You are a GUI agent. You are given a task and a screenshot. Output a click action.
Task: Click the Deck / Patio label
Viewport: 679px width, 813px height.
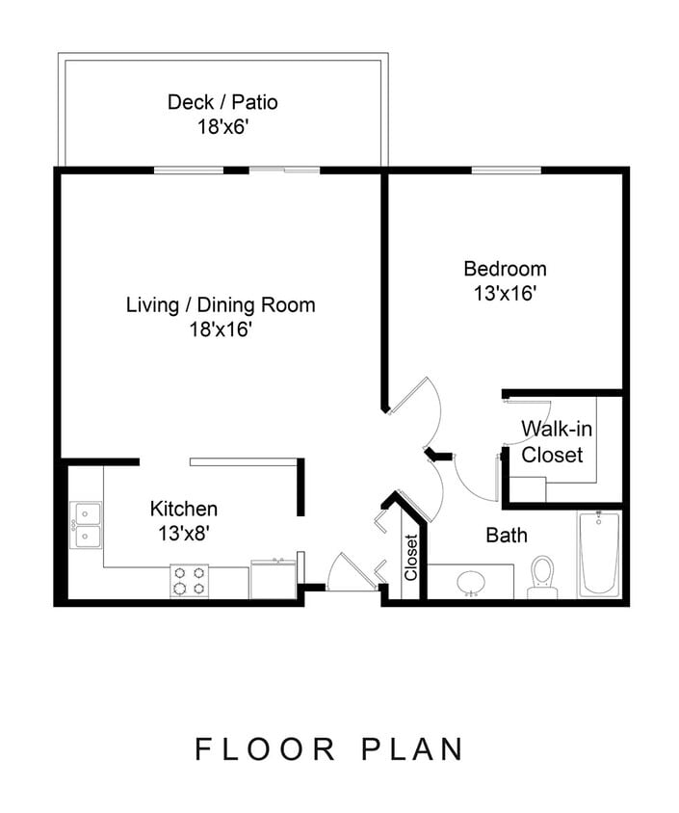222,102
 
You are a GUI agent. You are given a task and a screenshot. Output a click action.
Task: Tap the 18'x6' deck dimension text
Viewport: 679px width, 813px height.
222,126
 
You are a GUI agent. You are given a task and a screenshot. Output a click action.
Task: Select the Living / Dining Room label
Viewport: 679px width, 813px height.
221,305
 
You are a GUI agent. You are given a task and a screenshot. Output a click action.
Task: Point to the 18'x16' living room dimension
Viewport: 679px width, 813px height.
221,330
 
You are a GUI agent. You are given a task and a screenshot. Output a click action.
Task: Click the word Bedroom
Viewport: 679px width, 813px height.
505,269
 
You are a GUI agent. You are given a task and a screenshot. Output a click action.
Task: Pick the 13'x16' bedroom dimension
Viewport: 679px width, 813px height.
505,294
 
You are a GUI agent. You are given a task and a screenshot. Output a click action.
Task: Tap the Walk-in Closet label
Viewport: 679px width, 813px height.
552,441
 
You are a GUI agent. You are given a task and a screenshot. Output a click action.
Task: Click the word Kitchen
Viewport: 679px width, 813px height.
183,509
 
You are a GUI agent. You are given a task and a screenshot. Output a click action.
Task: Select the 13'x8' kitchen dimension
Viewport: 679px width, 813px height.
183,532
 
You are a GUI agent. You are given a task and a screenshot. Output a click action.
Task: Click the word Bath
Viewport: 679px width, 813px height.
507,535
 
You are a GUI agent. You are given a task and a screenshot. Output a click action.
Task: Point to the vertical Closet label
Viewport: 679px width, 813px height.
411,558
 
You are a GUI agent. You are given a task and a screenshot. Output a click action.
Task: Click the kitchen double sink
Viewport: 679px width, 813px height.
87,524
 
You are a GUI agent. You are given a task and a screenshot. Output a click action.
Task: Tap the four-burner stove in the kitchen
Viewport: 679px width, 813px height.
189,581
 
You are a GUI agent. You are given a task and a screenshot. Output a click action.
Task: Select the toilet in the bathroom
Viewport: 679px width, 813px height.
543,575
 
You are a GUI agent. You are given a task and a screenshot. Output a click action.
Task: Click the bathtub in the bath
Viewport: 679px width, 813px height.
599,554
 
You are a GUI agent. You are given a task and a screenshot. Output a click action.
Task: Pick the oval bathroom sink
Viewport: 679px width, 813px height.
471,582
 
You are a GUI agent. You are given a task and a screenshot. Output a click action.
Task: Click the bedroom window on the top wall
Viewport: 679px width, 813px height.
505,171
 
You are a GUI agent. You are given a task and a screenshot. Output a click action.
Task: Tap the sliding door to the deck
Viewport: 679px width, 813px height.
284,171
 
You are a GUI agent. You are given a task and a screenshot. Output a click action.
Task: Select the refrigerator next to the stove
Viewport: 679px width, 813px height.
274,580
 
